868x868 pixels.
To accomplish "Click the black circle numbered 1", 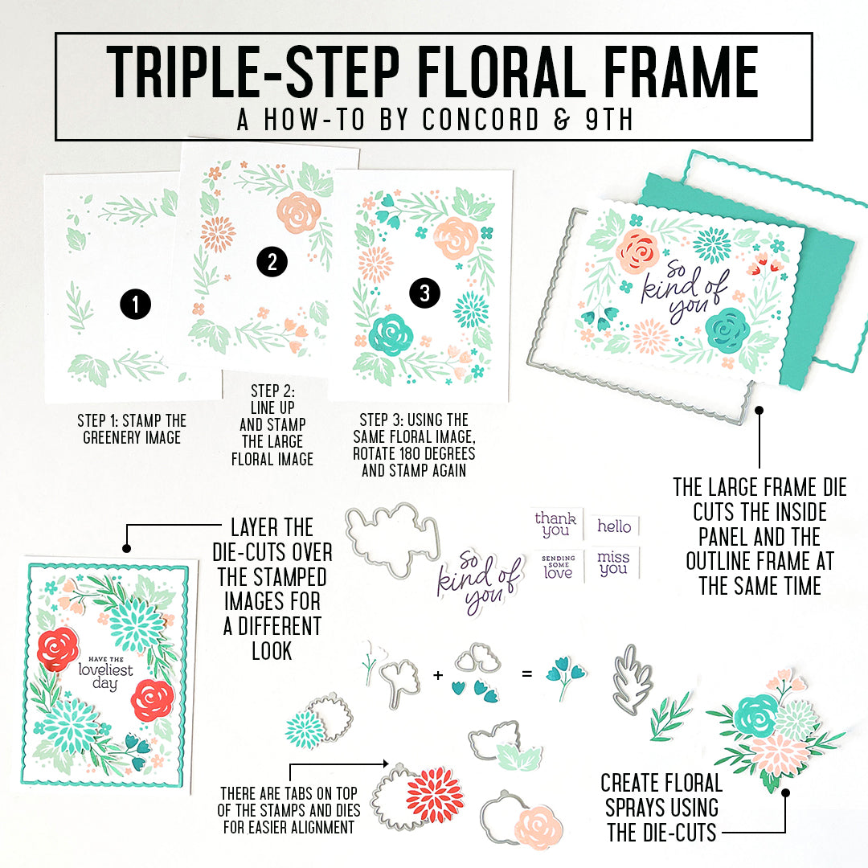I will (135, 304).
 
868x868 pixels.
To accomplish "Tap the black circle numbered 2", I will (272, 261).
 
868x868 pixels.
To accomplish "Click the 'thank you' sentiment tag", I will (555, 522).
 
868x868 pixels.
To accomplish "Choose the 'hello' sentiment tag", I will (614, 526).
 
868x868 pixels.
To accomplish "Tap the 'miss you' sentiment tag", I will (614, 562).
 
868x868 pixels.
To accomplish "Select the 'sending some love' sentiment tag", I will (557, 567).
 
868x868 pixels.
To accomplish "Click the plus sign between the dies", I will (438, 675).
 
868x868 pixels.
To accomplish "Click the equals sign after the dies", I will (526, 675).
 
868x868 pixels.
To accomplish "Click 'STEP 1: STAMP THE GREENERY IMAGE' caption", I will (132, 429).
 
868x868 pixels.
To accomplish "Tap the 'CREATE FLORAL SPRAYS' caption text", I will (661, 806).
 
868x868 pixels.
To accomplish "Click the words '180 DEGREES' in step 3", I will (435, 453).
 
